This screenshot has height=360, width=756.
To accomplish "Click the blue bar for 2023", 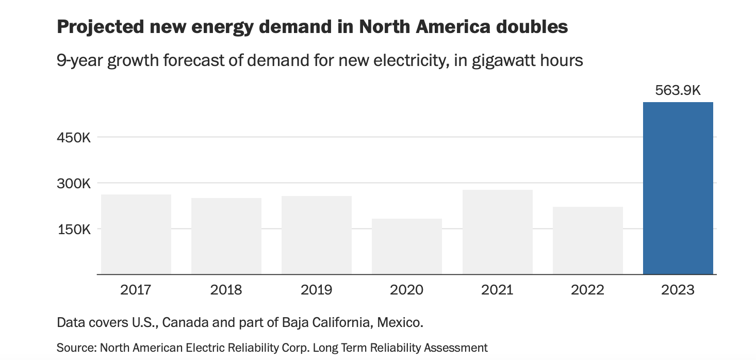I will tap(678, 188).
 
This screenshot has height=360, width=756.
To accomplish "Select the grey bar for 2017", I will tap(136, 234).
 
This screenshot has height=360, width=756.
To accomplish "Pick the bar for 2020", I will tap(407, 247).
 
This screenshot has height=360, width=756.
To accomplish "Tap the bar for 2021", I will tap(497, 232).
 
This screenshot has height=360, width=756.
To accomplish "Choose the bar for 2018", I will tap(226, 236).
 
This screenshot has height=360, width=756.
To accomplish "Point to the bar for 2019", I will tap(317, 235).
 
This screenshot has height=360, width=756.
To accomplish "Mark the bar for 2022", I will tap(587, 240).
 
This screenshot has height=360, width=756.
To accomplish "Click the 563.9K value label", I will tap(678, 91).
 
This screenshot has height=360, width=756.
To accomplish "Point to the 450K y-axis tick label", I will tap(74, 138).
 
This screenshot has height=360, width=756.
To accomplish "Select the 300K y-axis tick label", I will tap(74, 183).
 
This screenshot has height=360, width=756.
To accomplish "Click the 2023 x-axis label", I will tap(678, 290).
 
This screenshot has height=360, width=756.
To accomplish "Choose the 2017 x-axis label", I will tap(136, 290).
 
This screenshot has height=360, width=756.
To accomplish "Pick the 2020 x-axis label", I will tap(407, 290).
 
